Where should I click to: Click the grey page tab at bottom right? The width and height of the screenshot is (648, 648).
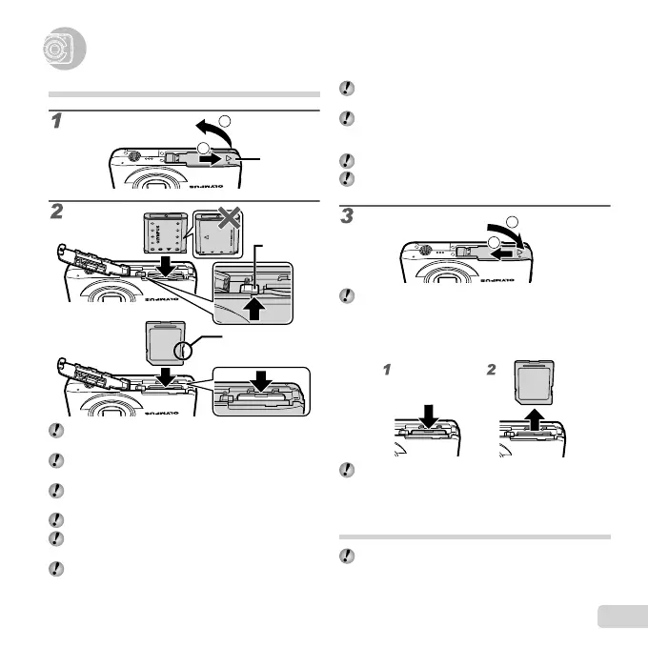[x=619, y=617]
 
